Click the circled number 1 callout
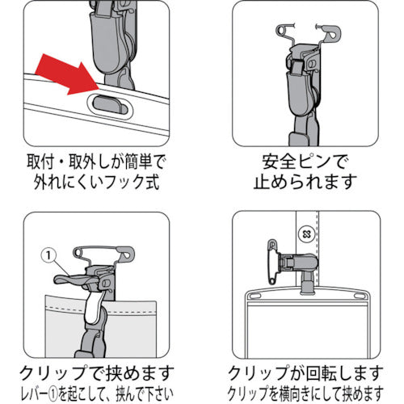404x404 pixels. [48, 255]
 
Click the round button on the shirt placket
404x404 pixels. [306, 234]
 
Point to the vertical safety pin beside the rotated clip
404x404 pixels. [272, 262]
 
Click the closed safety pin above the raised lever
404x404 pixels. [103, 253]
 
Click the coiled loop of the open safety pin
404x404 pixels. [282, 30]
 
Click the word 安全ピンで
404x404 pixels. [305, 162]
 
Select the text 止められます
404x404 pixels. [305, 182]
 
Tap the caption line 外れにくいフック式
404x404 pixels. [96, 182]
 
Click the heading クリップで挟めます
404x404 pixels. [96, 372]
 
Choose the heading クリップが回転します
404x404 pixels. [305, 372]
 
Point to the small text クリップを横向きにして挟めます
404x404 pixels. [305, 393]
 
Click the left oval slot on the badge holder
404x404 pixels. [252, 297]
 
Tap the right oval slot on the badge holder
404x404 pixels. [359, 297]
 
